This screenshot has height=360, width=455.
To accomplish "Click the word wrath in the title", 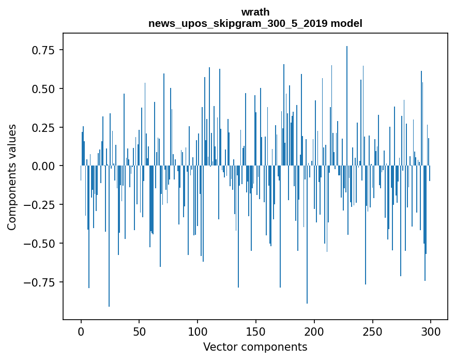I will pyautogui.click(x=255, y=12).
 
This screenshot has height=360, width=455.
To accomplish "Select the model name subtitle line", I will pyautogui.click(x=255, y=23).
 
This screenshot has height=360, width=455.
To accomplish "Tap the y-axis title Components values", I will pyautogui.click(x=12, y=177).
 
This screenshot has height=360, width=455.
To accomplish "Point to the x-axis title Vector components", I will pyautogui.click(x=255, y=347).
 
